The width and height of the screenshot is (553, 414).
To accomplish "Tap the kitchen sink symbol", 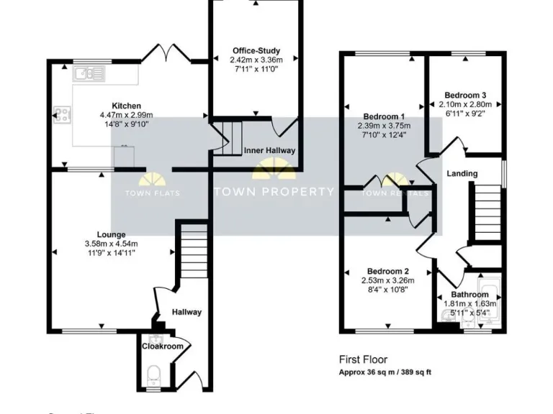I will point(89,72).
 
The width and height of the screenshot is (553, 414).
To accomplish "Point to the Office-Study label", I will point(256,50).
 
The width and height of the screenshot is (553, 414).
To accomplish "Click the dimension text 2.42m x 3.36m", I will point(256,60).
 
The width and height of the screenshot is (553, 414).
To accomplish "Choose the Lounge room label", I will point(111,234).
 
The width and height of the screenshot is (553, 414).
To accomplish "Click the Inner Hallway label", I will point(269,151).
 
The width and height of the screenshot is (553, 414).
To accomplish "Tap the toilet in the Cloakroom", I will point(152,373).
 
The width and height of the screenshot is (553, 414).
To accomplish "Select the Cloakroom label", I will point(162,346).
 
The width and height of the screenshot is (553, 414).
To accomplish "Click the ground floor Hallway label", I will point(186,312).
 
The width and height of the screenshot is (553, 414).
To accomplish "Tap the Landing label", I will point(462,173).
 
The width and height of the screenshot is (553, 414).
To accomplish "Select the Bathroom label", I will point(469,295).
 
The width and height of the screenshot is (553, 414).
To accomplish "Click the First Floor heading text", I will point(363,359).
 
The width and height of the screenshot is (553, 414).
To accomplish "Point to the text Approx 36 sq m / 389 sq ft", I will point(385,372).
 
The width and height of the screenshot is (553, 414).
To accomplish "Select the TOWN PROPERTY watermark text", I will point(274,192).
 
